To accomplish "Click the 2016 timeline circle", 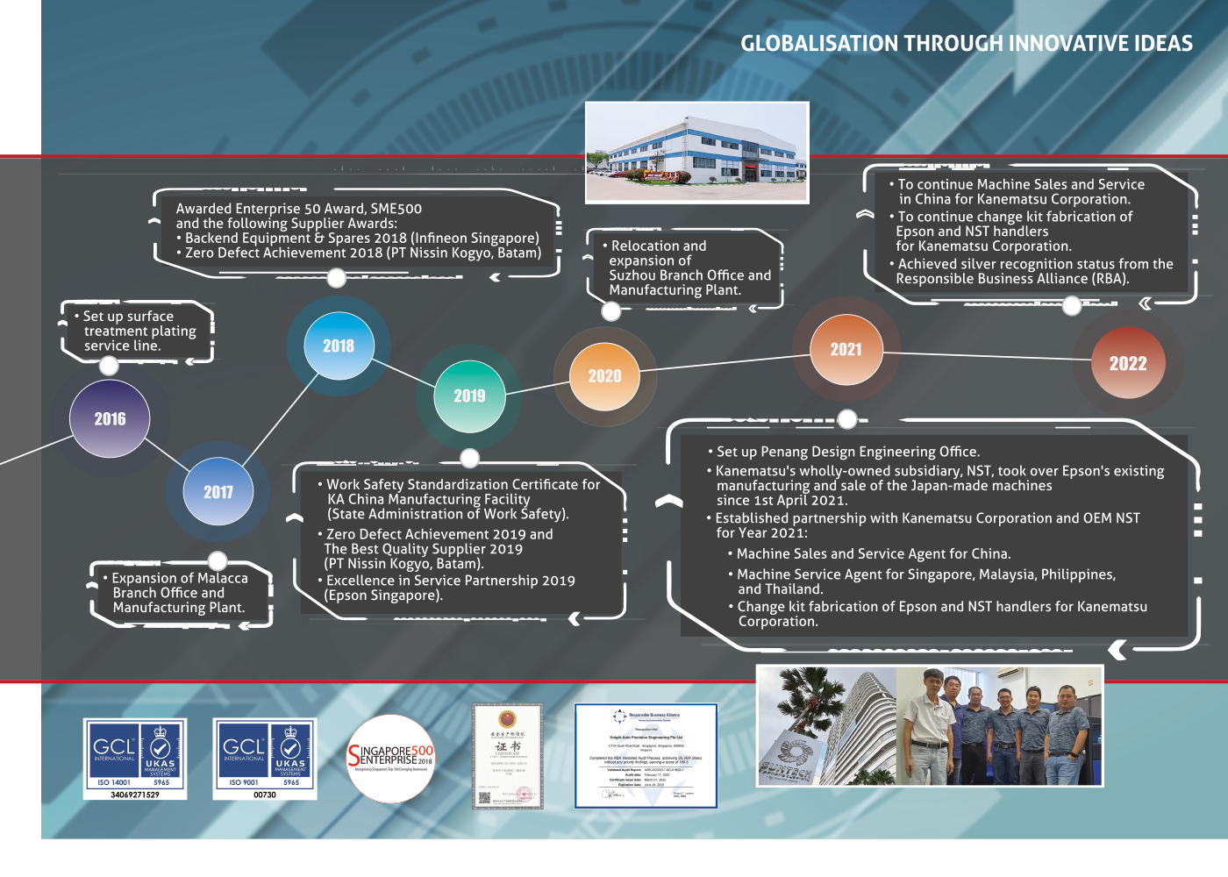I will pyautogui.click(x=110, y=419).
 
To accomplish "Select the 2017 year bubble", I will pyautogui.click(x=218, y=492).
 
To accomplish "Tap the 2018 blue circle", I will pyautogui.click(x=339, y=346).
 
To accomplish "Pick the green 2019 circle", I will pyautogui.click(x=469, y=396).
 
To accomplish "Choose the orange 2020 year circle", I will pyautogui.click(x=604, y=375).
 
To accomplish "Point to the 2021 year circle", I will pyautogui.click(x=846, y=349).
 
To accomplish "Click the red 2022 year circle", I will pyautogui.click(x=1128, y=363).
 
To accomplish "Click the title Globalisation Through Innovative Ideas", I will pyautogui.click(x=966, y=44).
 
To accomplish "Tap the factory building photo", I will pyautogui.click(x=696, y=152).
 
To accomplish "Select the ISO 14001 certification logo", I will pyautogui.click(x=135, y=759).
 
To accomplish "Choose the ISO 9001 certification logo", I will pyautogui.click(x=265, y=759).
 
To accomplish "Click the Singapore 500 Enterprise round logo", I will pyautogui.click(x=391, y=758).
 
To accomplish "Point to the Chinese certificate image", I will pyautogui.click(x=507, y=755).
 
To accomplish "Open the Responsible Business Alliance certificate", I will pyautogui.click(x=646, y=755).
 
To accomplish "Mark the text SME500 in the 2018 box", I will pyautogui.click(x=396, y=209).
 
